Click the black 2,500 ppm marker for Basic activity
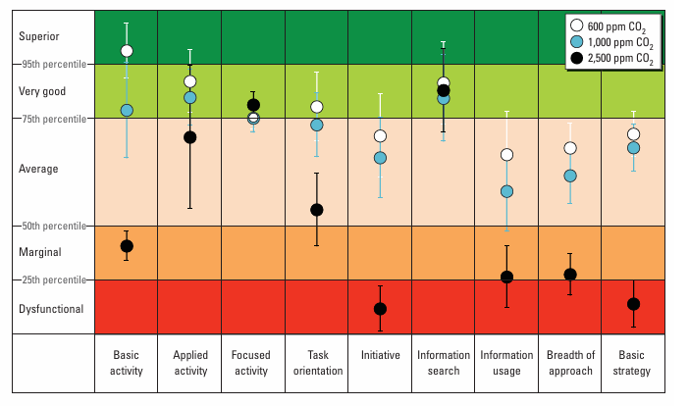pyautogui.click(x=127, y=246)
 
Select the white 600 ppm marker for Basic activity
pyautogui.click(x=127, y=51)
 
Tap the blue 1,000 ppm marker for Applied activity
pyautogui.click(x=189, y=97)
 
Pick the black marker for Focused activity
pyautogui.click(x=253, y=105)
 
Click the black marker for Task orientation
pyautogui.click(x=317, y=210)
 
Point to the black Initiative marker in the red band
pyautogui.click(x=380, y=309)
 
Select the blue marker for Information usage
pyautogui.click(x=506, y=191)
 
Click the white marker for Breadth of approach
pyautogui.click(x=570, y=148)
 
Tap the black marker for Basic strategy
pyautogui.click(x=633, y=304)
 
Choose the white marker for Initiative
pyautogui.click(x=380, y=136)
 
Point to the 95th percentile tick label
pyautogui.click(x=54, y=64)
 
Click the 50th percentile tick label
pyautogui.click(x=54, y=226)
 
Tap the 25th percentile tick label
pyautogui.click(x=54, y=279)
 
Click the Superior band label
pyautogui.click(x=38, y=36)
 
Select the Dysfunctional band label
pyautogui.click(x=51, y=309)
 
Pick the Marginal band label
pyautogui.click(x=40, y=252)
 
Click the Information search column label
pyautogui.click(x=444, y=363)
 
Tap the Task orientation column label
pyautogui.click(x=318, y=363)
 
